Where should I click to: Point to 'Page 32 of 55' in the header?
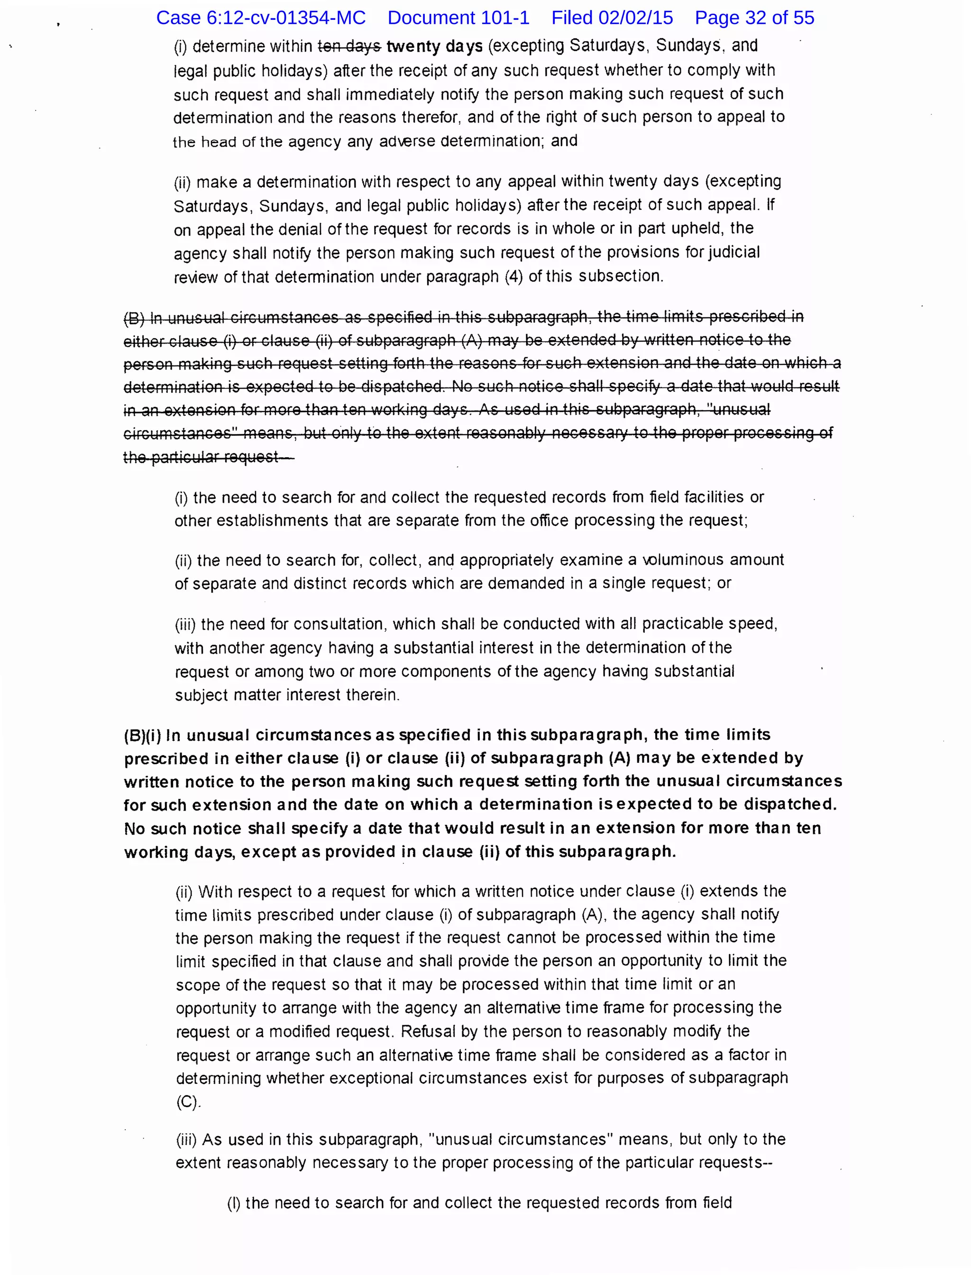pos(754,18)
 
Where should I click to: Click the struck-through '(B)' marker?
pos(134,318)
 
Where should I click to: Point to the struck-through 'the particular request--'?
pos(208,457)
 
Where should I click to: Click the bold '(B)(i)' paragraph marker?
pos(143,736)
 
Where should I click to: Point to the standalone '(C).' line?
pos(188,1102)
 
